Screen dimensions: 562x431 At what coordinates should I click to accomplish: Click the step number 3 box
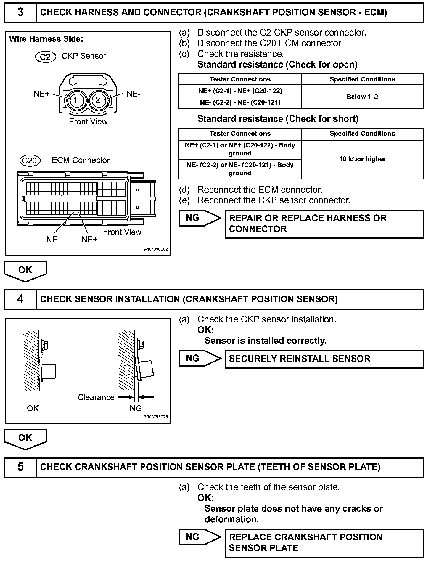pos(20,12)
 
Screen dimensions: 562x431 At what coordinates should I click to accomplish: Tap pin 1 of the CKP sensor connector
pos(75,100)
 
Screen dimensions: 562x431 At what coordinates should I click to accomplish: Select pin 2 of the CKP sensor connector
pos(98,100)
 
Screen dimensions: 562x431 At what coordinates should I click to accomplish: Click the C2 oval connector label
pos(45,57)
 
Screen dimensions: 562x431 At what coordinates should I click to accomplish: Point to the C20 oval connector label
pos(30,160)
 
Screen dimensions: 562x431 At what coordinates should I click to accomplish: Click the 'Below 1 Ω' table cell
pos(362,97)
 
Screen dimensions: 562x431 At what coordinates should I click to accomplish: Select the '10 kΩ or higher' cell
pos(362,159)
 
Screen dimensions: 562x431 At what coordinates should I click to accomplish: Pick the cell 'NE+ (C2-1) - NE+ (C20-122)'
pos(240,91)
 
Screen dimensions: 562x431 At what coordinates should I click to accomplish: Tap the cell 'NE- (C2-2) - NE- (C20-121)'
pos(240,102)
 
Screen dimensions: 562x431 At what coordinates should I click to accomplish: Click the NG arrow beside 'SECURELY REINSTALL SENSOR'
pos(200,359)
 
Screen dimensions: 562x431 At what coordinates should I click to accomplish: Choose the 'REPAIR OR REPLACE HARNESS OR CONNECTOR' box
pos(324,224)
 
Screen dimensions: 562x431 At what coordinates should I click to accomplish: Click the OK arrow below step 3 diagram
pos(25,271)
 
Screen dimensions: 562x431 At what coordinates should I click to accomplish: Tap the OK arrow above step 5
pos(25,439)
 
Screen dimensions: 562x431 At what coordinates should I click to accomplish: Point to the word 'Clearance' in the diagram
pos(96,397)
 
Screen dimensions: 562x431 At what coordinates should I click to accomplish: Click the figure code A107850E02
pos(156,249)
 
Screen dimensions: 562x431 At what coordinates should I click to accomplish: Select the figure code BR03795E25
pos(156,417)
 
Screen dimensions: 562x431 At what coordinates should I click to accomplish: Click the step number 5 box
pos(20,467)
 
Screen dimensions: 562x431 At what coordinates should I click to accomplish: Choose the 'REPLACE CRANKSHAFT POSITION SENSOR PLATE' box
pos(324,543)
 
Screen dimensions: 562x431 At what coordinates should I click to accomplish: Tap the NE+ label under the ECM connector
pos(89,240)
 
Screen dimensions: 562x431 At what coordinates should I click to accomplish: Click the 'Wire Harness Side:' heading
pos(46,39)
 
